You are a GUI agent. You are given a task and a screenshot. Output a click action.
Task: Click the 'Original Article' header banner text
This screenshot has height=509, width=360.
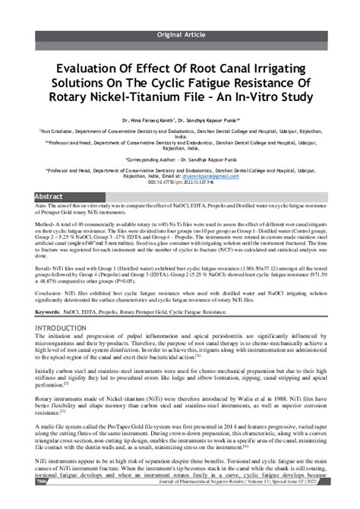179,36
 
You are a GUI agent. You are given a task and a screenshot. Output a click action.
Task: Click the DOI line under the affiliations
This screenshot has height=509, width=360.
180,183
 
